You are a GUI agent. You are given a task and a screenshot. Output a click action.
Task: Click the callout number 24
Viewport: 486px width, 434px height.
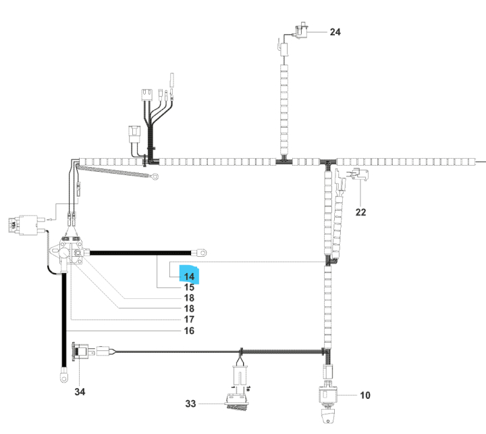(x=335, y=32)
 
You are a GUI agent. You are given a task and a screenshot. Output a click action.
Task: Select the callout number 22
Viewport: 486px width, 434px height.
(x=360, y=212)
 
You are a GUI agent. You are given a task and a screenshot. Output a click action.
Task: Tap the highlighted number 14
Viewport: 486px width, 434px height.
(x=189, y=276)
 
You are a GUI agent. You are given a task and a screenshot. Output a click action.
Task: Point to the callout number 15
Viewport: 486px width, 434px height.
(x=189, y=287)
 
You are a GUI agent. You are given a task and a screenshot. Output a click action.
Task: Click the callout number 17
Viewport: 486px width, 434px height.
(x=189, y=319)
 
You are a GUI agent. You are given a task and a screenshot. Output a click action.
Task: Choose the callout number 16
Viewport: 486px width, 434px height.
(x=189, y=331)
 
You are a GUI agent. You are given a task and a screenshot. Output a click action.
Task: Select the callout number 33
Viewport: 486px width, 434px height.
(x=192, y=404)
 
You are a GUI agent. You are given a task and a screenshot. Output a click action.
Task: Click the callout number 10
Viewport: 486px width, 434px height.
(x=364, y=395)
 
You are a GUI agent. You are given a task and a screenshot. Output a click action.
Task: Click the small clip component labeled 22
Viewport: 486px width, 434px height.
(x=356, y=178)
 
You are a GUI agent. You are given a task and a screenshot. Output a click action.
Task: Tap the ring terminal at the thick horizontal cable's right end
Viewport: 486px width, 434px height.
(x=200, y=254)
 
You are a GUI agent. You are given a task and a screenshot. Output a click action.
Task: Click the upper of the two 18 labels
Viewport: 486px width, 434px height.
(x=189, y=298)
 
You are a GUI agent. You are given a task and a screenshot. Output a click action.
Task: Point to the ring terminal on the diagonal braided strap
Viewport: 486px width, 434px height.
(x=156, y=178)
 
